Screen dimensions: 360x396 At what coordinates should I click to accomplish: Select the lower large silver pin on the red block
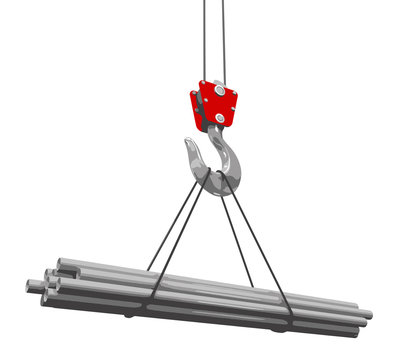[x=220, y=119]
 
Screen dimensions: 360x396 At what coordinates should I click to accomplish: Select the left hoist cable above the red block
[x=205, y=40]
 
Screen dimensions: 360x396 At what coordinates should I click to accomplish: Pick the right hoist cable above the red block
[x=223, y=40]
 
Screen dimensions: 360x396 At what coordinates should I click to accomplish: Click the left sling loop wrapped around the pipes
[x=152, y=291]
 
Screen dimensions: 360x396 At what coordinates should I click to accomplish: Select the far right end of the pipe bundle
[x=366, y=317]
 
